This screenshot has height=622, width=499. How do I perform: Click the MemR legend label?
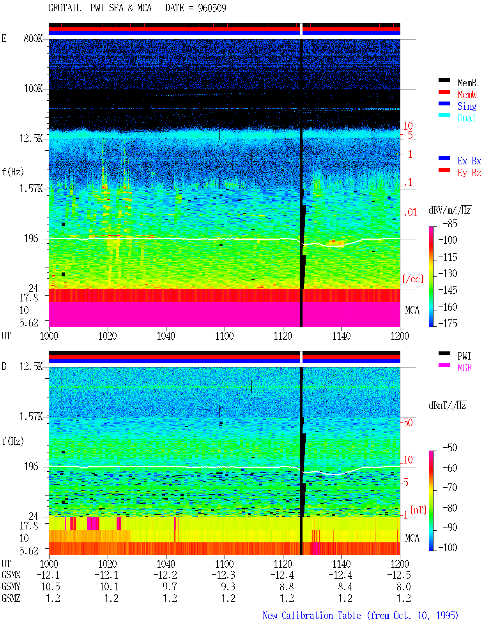coord(467,83)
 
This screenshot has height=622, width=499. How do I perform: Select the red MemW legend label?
coord(467,94)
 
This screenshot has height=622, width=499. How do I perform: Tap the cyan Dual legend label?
coord(466,118)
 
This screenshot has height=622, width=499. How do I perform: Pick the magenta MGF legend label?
coord(464,368)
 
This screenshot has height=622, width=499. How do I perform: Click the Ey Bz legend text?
coord(469,173)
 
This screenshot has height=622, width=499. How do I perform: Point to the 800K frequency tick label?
coord(33,38)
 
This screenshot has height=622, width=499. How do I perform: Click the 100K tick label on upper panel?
coord(33,89)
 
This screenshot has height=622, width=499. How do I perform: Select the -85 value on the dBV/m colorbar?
coord(450,223)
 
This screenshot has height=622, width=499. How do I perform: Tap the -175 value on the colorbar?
coord(448,323)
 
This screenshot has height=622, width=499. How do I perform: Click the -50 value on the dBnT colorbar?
coord(450,448)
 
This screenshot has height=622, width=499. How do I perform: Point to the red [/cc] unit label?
coord(413,279)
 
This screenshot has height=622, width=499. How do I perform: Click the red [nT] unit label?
coord(418,510)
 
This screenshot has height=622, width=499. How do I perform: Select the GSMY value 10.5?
coord(51,587)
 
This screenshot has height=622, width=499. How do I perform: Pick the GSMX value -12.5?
coord(399,575)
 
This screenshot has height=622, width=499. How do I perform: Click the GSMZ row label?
coord(11,598)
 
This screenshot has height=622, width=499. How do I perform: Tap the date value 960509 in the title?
coord(212,8)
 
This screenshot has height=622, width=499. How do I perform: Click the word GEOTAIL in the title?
coord(65,8)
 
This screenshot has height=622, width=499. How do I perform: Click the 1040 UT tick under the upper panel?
coord(166,336)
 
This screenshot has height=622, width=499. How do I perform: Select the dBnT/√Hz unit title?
coord(447,406)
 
